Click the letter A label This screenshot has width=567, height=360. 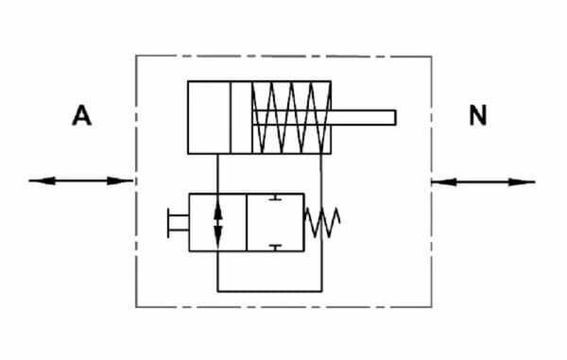(81, 115)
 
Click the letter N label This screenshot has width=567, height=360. (477, 115)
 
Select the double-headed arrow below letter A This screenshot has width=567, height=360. (80, 180)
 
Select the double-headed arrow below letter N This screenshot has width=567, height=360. (484, 181)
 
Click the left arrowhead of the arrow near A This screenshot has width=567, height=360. (42, 180)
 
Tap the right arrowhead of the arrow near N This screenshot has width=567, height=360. (523, 182)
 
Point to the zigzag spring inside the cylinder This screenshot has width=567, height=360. (291, 117)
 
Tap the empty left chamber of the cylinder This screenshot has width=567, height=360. (209, 117)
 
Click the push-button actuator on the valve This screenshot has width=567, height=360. (178, 223)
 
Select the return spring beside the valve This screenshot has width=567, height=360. (322, 222)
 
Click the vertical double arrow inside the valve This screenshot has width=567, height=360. (217, 223)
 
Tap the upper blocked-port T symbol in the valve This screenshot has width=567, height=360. (276, 197)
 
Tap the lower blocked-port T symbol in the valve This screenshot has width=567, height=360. (276, 248)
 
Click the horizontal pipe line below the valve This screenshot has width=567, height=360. (269, 291)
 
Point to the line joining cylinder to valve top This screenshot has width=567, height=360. (217, 174)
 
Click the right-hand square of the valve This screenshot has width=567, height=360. (276, 222)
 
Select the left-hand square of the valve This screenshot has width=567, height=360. (217, 222)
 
